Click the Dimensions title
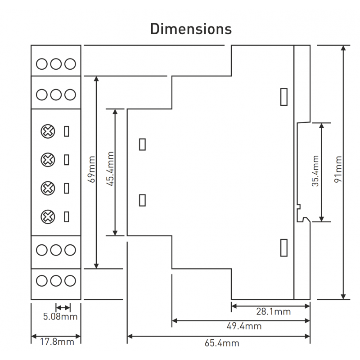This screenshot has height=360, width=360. point(191,29)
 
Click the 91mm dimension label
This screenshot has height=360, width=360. point(338,169)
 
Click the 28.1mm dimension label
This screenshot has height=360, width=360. point(273,312)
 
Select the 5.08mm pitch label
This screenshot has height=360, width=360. point(60,317)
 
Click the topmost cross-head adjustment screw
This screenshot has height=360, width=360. point(48,131)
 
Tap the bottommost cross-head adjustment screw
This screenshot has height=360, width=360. point(48,217)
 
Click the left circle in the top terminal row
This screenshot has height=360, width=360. point(41,64)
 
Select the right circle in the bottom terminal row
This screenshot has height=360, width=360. point(70,281)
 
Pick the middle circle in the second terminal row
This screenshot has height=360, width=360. point(56,95)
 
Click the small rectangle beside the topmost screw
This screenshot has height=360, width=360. point(67,131)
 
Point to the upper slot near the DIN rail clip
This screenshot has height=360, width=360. point(284,97)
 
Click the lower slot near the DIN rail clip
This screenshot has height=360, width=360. point(284,247)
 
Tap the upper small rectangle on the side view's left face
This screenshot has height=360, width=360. point(142,144)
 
